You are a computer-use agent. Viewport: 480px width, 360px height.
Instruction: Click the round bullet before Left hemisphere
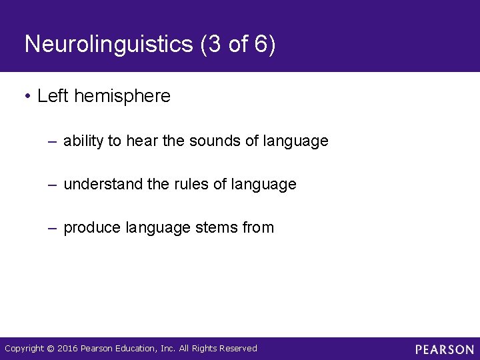coord(27,97)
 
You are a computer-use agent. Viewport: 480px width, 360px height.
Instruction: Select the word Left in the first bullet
coord(52,96)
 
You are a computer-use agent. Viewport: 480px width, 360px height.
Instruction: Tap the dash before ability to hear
coord(53,142)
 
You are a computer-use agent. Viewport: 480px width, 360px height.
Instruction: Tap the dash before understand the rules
coord(53,185)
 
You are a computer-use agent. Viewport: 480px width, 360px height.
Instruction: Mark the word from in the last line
coord(259,228)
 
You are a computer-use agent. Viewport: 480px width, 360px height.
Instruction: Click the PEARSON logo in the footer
coord(445,349)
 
